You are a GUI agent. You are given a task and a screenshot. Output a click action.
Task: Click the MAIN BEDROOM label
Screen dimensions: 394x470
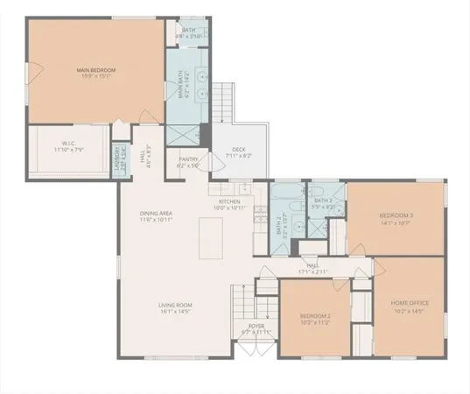(96, 69)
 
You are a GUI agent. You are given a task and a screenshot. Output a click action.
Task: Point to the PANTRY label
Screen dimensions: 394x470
(189, 159)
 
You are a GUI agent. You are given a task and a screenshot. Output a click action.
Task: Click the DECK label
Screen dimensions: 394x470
(237, 150)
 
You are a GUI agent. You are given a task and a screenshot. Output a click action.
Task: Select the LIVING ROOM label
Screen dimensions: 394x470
(175, 306)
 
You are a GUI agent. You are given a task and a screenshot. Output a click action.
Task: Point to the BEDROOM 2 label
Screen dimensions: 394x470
(314, 315)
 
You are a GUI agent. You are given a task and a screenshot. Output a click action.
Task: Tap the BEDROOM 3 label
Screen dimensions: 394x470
(396, 215)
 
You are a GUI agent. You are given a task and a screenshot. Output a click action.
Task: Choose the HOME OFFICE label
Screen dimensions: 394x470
(410, 303)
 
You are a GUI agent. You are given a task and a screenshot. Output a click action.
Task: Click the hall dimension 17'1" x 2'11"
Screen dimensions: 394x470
(312, 272)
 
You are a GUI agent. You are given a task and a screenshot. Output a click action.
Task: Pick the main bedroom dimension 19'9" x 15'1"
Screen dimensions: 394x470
(96, 76)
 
